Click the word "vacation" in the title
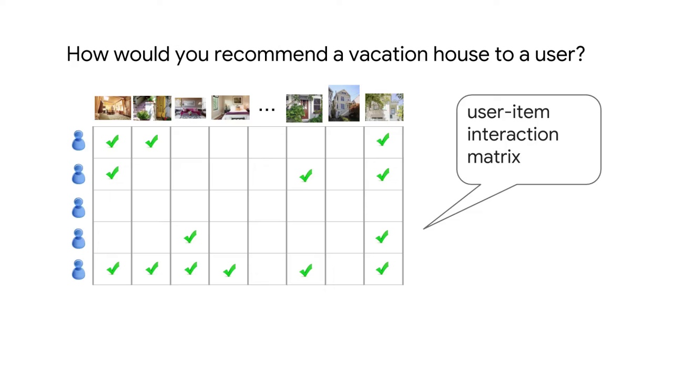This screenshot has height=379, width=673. (388, 54)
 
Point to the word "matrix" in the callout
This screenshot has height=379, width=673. (493, 157)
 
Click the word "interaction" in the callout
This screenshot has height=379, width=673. (512, 135)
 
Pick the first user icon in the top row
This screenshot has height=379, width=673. (78, 141)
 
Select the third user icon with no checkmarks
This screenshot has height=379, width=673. (78, 207)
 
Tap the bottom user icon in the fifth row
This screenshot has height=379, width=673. (78, 270)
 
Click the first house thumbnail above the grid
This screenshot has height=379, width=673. (113, 108)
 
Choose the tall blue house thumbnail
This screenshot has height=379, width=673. (344, 103)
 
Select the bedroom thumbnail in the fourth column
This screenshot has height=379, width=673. (230, 108)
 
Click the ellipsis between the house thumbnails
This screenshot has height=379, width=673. (267, 109)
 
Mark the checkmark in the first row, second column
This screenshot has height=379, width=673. (151, 142)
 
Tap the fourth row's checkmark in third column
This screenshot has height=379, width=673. (190, 237)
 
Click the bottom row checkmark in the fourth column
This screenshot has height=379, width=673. (229, 271)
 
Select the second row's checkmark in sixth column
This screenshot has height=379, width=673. (305, 176)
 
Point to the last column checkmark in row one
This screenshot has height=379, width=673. (383, 140)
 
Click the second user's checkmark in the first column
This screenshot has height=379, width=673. (112, 174)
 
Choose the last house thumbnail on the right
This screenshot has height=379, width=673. (384, 107)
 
